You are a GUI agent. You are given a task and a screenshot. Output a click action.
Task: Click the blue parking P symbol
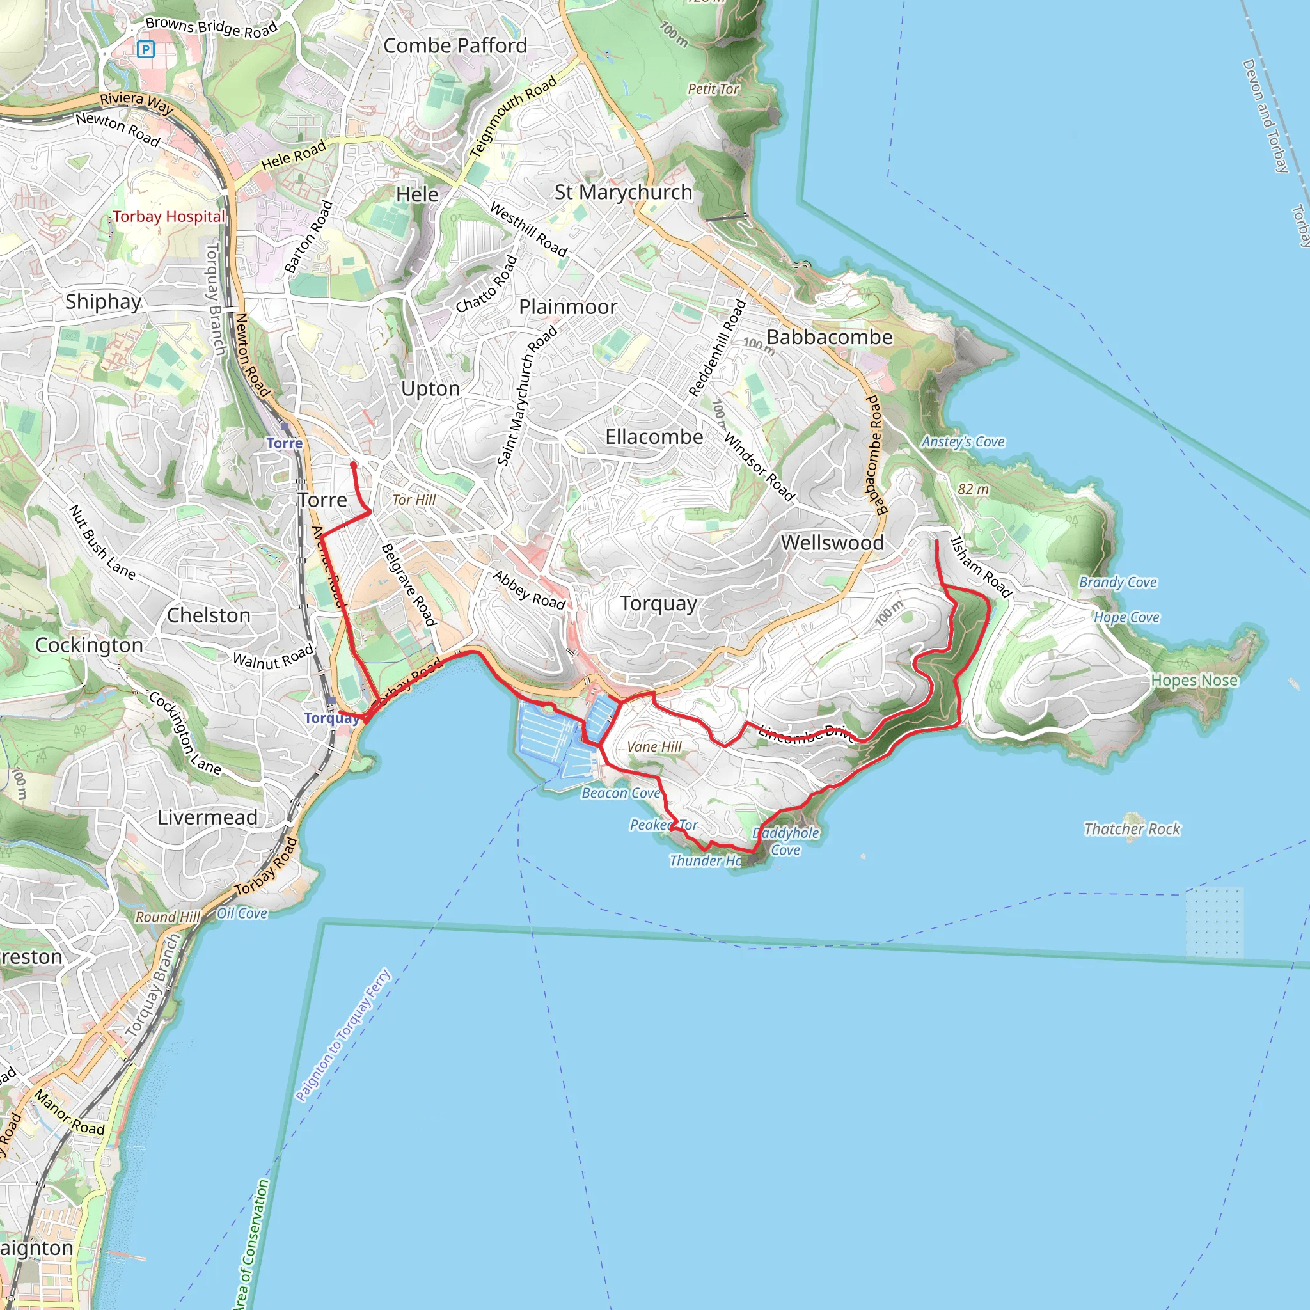tap(146, 49)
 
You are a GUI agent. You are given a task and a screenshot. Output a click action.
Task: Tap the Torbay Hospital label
tap(168, 217)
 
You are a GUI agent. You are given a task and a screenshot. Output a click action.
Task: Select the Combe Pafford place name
tap(455, 45)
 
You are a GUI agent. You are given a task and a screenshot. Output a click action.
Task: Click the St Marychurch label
tap(623, 192)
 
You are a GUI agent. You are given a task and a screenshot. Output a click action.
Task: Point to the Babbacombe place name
tap(829, 337)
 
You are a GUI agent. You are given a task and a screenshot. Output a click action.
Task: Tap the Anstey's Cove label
tap(962, 442)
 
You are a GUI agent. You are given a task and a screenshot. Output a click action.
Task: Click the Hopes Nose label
tap(1194, 680)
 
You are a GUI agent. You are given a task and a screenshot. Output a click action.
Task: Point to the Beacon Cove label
tap(620, 793)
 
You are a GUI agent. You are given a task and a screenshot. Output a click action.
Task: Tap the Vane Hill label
tap(654, 746)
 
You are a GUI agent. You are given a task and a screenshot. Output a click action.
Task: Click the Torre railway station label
tap(284, 443)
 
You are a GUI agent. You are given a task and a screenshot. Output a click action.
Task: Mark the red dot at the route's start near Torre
tap(353, 465)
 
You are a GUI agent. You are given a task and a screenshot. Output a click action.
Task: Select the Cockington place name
tap(89, 645)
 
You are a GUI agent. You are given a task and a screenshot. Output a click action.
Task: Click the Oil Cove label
tap(241, 913)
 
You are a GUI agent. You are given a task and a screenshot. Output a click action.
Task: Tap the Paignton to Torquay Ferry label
tap(343, 1035)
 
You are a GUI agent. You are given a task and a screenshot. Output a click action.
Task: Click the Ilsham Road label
tap(981, 567)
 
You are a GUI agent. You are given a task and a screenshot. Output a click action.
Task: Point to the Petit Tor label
tap(713, 89)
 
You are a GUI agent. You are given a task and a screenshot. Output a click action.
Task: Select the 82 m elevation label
tap(972, 489)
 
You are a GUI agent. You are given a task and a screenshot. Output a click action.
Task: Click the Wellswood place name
tap(832, 542)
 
